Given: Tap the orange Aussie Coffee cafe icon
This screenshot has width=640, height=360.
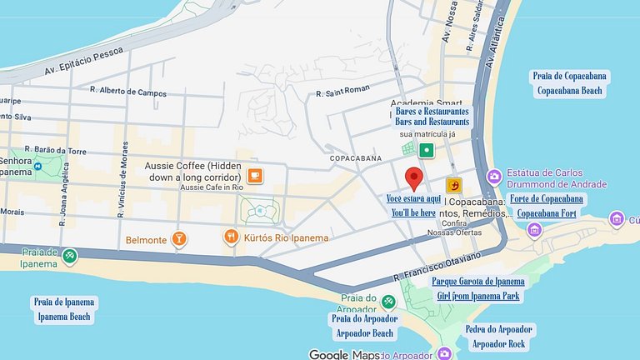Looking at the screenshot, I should coord(254,175).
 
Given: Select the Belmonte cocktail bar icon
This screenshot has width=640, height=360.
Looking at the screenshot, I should coord(178,240).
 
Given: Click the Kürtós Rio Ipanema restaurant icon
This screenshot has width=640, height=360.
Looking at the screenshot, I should coord(231,237).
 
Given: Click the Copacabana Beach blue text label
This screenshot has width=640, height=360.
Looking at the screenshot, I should coord(570,90).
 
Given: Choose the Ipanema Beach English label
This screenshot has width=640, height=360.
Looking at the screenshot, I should coord(64,317).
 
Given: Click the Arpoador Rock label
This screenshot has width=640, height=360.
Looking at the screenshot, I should coord(498,343).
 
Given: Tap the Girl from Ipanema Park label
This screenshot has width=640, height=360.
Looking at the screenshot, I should coord(477,296).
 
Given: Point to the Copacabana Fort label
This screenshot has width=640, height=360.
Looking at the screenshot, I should coord(547,213).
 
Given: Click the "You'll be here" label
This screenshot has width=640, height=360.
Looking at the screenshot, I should coord(413,213).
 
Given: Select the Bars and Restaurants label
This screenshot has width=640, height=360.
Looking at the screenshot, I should coord(432,122).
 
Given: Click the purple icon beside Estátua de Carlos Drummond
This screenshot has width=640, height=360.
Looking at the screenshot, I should coord(494,176).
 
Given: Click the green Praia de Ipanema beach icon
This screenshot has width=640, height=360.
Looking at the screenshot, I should coord(70,255).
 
